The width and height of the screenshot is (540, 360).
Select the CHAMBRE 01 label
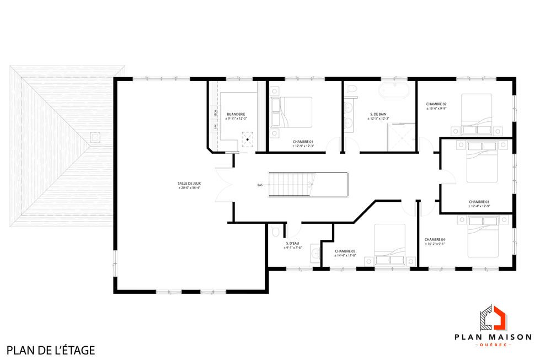(x=303, y=142)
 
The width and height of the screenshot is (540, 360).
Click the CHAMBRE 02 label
(x=436, y=104)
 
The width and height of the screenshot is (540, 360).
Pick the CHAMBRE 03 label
(x=479, y=202)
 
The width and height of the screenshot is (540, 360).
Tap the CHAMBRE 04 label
(x=435, y=240)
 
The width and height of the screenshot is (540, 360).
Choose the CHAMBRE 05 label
(x=345, y=251)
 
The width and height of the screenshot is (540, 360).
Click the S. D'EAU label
(x=293, y=244)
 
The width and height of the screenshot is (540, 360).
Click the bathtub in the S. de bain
(x=394, y=90)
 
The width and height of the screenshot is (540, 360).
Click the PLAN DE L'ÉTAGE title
(x=51, y=350)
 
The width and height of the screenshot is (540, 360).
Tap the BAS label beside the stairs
(x=260, y=185)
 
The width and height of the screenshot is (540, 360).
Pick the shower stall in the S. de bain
(x=403, y=137)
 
